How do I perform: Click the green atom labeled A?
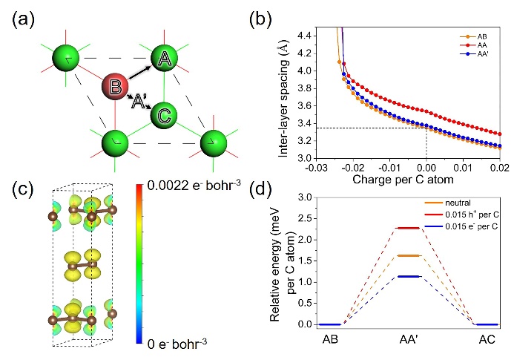pos(166,59)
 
